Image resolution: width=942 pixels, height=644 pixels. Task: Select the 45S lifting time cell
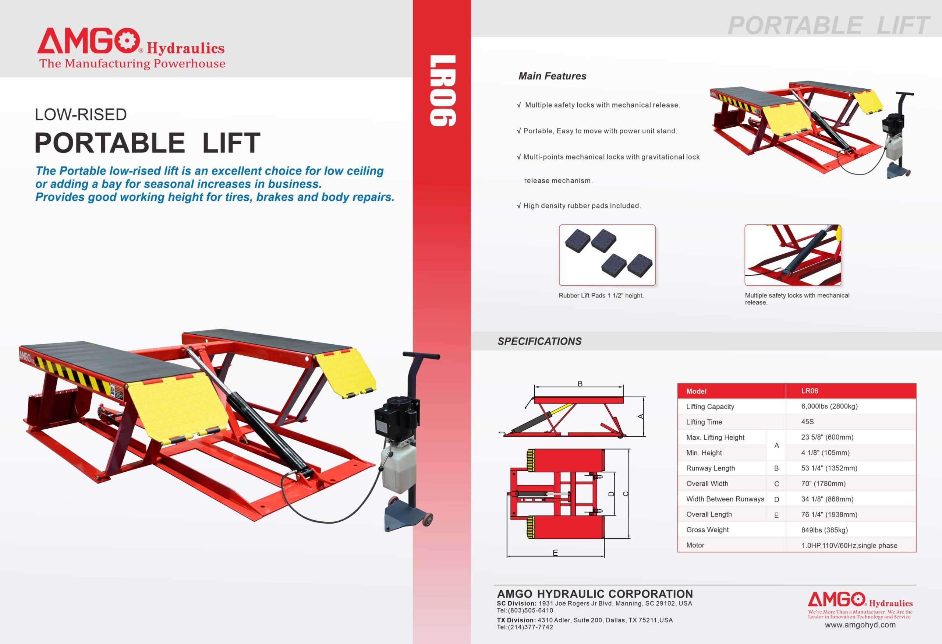(x=807, y=422)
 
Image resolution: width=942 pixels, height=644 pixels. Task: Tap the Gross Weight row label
(x=707, y=529)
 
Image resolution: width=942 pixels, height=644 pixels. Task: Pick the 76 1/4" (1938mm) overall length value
(x=829, y=514)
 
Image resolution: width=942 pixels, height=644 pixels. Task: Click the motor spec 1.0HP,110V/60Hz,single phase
(x=849, y=545)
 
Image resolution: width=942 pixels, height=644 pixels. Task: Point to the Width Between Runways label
(x=725, y=499)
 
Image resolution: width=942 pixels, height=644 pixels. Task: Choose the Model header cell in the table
(x=696, y=391)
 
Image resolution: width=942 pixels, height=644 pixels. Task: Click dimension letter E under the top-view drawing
(x=555, y=552)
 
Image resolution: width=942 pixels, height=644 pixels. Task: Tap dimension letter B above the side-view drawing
(x=580, y=384)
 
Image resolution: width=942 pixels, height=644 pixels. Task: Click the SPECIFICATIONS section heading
(x=539, y=341)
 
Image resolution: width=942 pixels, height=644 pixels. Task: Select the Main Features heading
(x=552, y=76)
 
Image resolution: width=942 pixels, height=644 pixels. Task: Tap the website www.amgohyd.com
(x=860, y=625)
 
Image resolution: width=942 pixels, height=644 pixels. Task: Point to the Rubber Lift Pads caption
(x=601, y=296)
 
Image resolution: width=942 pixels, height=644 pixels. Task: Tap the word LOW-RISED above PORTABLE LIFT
(x=81, y=115)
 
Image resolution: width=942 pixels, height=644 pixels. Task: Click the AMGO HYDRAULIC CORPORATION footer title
(x=595, y=594)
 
